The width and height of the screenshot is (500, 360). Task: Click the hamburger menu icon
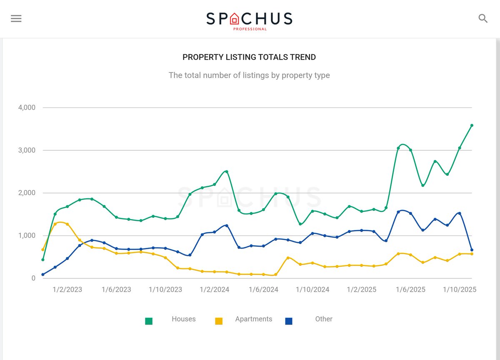[x=16, y=19]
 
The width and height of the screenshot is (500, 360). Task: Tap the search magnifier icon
[x=483, y=18]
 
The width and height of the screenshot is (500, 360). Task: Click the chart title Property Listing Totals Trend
[x=249, y=57]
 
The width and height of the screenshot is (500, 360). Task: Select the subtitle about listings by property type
[x=249, y=75]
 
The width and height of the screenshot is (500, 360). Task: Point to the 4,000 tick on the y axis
[x=27, y=107]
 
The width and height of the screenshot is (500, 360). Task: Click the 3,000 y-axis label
[x=27, y=150]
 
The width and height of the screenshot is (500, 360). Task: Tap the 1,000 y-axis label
[x=27, y=235]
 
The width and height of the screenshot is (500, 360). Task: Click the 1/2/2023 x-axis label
[x=67, y=290]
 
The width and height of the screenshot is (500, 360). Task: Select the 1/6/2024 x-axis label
[x=263, y=290]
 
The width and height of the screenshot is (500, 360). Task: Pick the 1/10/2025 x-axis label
[x=460, y=290]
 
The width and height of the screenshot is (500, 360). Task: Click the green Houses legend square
[x=149, y=321]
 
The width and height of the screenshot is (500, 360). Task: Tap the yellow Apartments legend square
[x=219, y=321]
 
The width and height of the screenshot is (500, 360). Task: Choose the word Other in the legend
[x=324, y=319]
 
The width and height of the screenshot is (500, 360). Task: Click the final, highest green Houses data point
[x=472, y=125]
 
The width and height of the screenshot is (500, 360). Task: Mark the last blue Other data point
[x=472, y=250]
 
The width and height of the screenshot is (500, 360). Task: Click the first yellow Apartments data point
[x=43, y=250]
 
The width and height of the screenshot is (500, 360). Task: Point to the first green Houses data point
[x=43, y=260]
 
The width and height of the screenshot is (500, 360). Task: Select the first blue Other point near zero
[x=43, y=275]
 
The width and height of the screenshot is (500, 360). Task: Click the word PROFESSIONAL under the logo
[x=250, y=29]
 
